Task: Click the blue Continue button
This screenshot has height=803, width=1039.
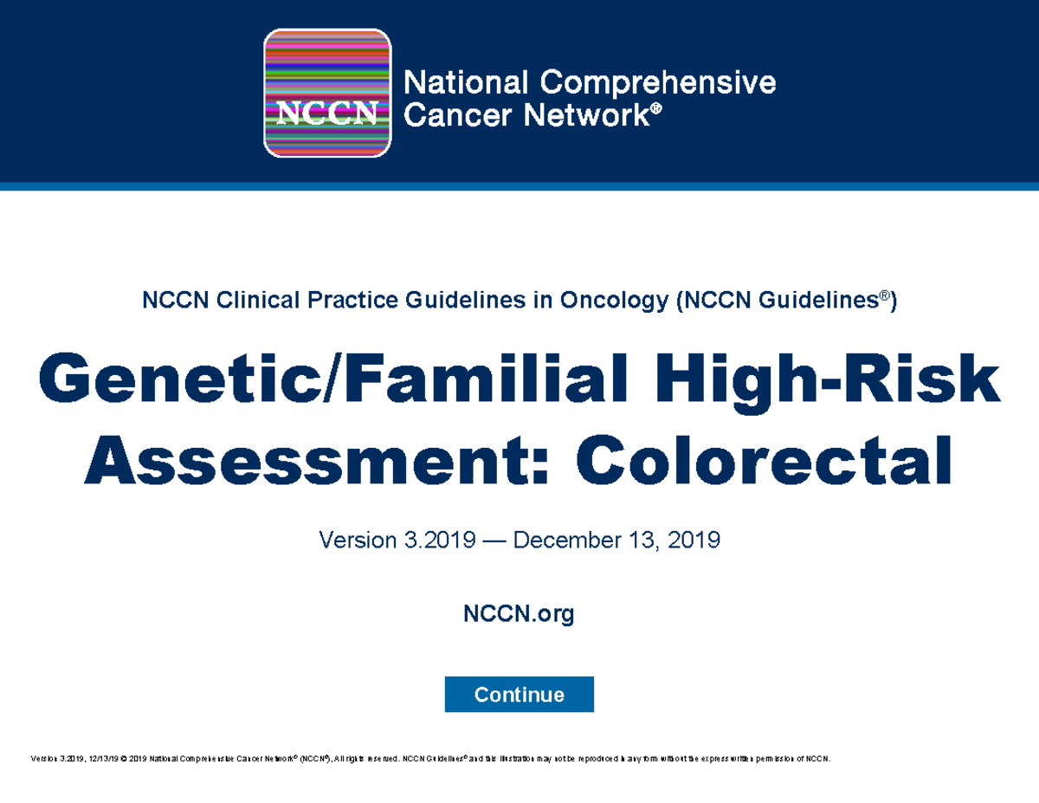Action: (x=519, y=695)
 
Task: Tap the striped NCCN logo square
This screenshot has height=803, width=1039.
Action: (x=327, y=94)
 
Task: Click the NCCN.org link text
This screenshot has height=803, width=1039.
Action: (x=519, y=615)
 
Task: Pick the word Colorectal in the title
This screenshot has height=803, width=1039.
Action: (x=765, y=461)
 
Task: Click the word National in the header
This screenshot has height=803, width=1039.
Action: (x=467, y=83)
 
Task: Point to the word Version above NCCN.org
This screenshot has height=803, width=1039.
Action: (x=354, y=541)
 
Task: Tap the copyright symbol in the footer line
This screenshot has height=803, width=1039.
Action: (x=124, y=760)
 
